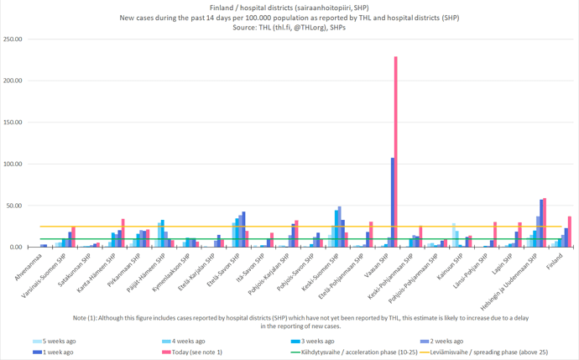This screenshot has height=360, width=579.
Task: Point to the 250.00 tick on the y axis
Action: click(13, 39)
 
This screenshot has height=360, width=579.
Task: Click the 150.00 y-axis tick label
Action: click(13, 123)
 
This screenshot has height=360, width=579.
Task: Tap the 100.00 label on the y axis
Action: click(13, 164)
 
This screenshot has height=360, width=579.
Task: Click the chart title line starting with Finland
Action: click(289, 7)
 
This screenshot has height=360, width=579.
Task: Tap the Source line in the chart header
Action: click(289, 27)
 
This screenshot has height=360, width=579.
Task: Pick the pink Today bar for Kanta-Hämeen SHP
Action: click(123, 233)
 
